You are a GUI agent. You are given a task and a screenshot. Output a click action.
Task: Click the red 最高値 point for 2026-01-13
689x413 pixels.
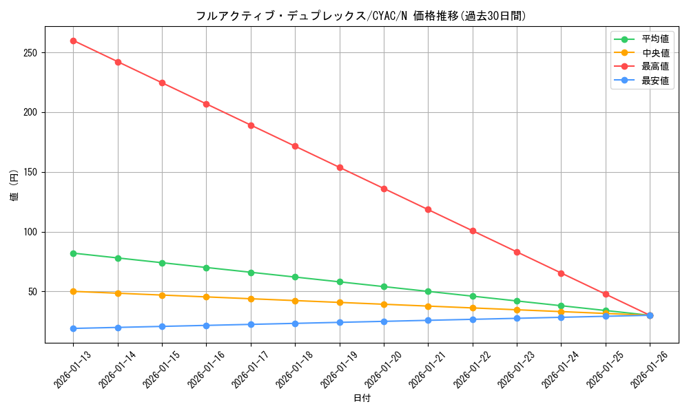coord(74,41)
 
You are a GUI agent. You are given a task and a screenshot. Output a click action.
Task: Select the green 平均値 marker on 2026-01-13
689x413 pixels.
coord(74,253)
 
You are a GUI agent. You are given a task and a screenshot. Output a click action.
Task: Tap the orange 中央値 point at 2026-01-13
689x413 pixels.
coord(74,291)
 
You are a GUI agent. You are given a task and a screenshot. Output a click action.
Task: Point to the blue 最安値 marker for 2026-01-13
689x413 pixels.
coord(74,328)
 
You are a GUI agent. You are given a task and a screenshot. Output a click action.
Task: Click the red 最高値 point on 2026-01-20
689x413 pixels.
coord(384,189)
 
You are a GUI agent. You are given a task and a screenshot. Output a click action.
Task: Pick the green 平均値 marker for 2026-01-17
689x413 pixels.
coord(251,273)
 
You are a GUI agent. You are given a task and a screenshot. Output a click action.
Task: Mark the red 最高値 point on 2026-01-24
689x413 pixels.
coord(561,273)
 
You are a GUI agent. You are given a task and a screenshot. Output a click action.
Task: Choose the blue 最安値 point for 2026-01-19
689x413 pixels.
coord(340,322)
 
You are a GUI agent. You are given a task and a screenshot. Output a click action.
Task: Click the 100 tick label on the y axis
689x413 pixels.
coord(32,232)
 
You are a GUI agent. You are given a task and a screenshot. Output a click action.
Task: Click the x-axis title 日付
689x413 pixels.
coord(362,398)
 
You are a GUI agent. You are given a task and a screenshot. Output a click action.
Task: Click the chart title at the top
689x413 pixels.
coord(362,16)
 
